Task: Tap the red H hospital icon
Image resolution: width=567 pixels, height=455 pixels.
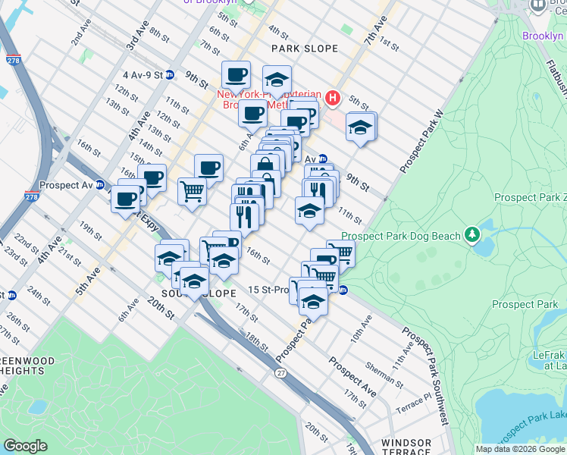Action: coord(332,98)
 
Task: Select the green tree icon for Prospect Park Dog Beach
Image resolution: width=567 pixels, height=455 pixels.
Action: coord(473,234)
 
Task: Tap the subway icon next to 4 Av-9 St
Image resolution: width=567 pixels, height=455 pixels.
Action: coord(171,75)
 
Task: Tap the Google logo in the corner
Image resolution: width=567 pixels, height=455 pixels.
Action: coord(25,446)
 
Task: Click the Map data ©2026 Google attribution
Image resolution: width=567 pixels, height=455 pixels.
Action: coord(519,449)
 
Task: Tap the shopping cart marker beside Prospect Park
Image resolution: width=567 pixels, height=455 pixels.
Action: coord(341,253)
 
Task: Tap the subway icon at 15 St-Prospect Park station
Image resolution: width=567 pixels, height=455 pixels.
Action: coord(343,290)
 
